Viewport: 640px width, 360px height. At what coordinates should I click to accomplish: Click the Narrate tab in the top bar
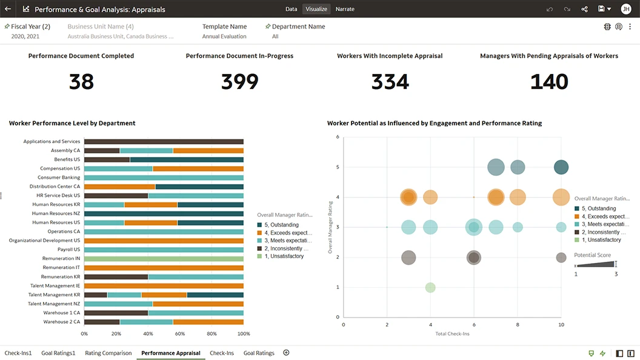(345, 9)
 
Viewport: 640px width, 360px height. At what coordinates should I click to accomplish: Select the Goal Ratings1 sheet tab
(58, 353)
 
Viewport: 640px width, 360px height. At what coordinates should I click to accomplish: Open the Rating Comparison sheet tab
(108, 353)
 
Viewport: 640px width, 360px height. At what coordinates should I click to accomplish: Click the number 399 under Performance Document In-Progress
(239, 82)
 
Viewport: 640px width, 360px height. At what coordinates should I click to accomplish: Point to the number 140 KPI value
(548, 82)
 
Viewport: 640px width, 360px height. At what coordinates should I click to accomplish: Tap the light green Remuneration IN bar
(164, 258)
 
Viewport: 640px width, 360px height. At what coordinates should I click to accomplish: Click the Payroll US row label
(68, 249)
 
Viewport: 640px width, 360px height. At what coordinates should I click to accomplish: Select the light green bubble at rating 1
(430, 287)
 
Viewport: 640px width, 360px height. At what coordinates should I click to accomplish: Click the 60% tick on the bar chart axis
(179, 333)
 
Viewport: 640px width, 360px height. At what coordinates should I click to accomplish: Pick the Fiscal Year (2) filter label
(30, 27)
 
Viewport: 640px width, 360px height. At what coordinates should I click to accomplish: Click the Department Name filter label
(298, 27)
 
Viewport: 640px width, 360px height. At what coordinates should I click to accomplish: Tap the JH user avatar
(626, 9)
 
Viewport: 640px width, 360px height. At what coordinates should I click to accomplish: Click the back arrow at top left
(8, 9)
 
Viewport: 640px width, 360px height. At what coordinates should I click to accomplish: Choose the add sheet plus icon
(286, 353)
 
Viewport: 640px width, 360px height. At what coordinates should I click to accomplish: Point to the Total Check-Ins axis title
(452, 333)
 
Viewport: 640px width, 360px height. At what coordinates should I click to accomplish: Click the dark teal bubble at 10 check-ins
(561, 167)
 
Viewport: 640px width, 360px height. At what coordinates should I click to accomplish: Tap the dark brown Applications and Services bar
(164, 141)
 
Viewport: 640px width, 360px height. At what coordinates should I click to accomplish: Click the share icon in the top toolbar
(584, 9)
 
